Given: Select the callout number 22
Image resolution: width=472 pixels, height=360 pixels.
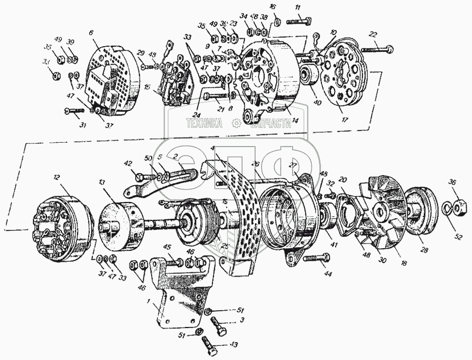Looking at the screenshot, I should [x=373, y=34].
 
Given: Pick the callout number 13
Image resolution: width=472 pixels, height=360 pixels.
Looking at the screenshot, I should [x=101, y=182].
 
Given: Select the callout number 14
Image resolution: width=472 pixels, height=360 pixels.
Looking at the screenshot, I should [x=295, y=121].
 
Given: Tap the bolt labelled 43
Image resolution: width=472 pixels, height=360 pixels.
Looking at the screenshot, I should [x=212, y=343].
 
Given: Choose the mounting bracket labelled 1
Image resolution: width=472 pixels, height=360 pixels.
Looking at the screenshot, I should [x=173, y=294].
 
